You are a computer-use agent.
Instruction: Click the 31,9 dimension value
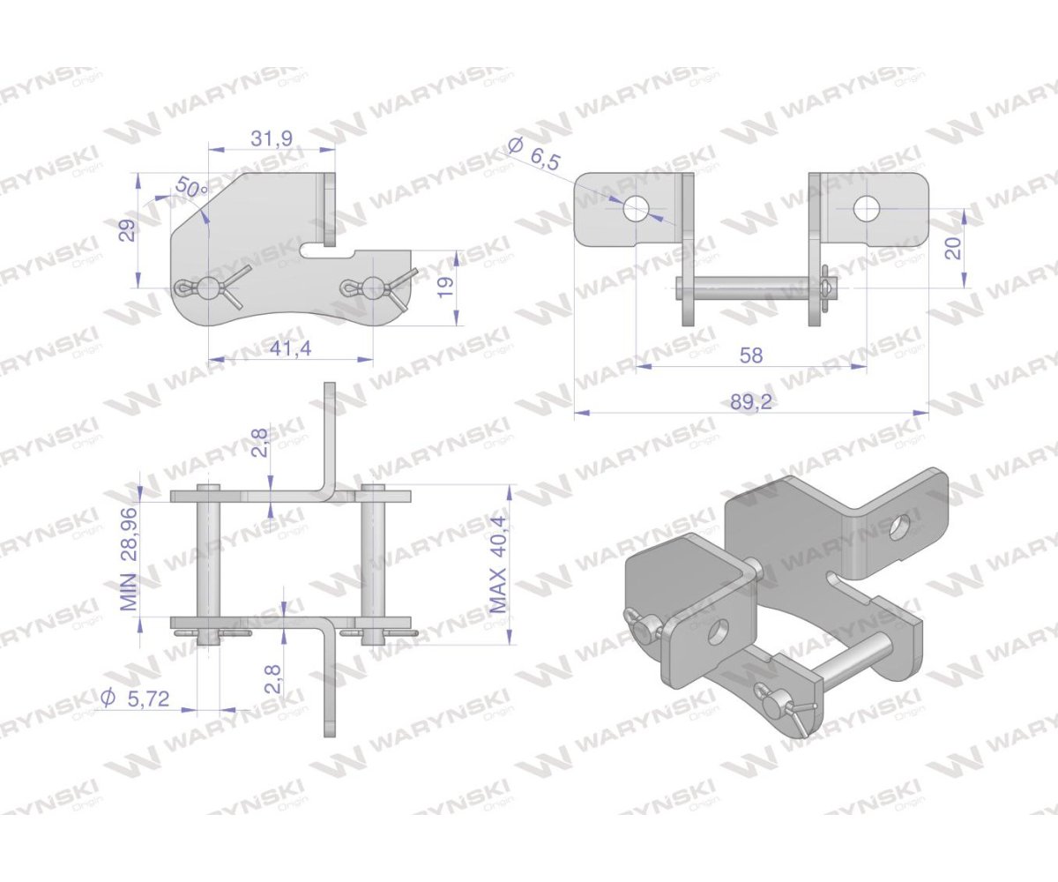(x=272, y=138)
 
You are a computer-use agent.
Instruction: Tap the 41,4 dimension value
(x=290, y=348)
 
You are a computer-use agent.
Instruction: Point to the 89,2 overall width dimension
(x=751, y=402)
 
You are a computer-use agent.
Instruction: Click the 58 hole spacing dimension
(x=751, y=355)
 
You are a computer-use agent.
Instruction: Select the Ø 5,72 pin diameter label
(x=136, y=699)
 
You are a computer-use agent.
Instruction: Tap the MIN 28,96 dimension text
(x=129, y=558)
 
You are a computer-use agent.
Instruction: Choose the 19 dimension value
(x=446, y=288)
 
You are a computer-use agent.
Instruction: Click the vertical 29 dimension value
(x=130, y=230)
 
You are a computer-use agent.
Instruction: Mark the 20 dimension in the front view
(x=954, y=248)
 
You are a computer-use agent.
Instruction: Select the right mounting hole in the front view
(x=867, y=209)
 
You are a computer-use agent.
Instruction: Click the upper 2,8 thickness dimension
(x=259, y=443)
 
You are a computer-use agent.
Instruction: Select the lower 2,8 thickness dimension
(x=272, y=679)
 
